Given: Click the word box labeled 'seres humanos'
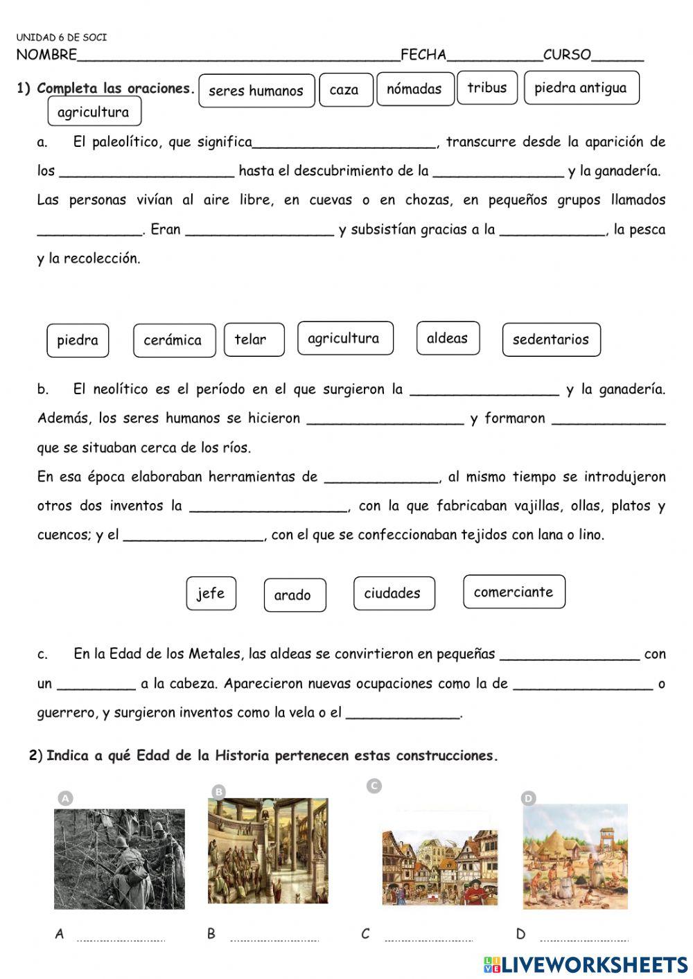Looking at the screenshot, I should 256,91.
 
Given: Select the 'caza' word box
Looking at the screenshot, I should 345,90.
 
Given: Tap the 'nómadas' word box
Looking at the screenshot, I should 414,89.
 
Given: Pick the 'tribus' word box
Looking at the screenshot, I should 486,88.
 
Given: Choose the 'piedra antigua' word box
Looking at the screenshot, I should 581,88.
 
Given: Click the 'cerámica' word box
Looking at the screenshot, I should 173,340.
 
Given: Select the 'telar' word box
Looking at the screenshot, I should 253,339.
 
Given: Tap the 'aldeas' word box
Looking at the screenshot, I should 448,338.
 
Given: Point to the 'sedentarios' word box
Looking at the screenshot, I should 551,339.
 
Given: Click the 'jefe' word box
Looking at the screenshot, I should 211,594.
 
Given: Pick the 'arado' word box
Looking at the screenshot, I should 294,595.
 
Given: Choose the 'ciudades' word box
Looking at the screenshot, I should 394,594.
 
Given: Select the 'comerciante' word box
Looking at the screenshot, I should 514,592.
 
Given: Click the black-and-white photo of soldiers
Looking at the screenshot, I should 119,858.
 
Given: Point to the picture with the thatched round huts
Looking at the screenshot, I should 575,856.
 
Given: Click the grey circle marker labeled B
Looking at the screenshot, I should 218,792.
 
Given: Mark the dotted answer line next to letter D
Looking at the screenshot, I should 584,939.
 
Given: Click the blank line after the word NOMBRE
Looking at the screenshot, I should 238,56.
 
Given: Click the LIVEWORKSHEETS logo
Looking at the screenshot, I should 586,964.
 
